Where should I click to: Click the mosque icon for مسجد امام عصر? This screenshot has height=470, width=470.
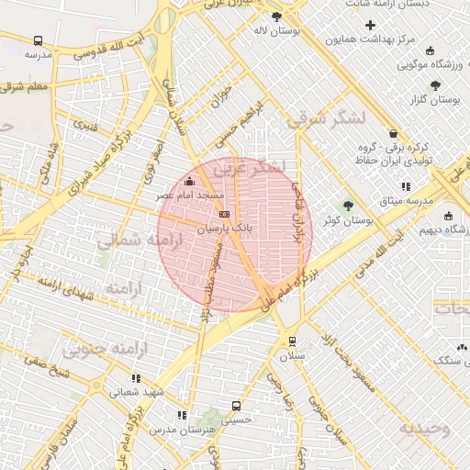click(x=190, y=182)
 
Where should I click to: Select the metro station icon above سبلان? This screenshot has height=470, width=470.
click(x=292, y=341)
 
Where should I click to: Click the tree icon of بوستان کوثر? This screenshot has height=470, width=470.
click(x=348, y=206)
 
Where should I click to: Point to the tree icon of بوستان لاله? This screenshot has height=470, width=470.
click(x=276, y=17)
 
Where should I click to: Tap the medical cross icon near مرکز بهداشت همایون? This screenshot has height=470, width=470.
click(x=370, y=26)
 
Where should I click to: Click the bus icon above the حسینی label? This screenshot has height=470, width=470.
click(x=237, y=406)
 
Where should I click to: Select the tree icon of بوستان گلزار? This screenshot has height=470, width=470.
click(x=435, y=85)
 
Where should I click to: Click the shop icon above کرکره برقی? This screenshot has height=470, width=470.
click(x=393, y=133)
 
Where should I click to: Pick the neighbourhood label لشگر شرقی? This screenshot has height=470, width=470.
click(x=325, y=118)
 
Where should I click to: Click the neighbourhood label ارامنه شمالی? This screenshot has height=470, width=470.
click(x=120, y=242)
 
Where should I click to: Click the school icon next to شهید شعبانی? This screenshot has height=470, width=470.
click(x=137, y=378)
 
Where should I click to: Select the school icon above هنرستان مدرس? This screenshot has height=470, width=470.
click(x=182, y=416)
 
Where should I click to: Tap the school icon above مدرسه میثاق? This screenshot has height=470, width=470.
click(x=407, y=186)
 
